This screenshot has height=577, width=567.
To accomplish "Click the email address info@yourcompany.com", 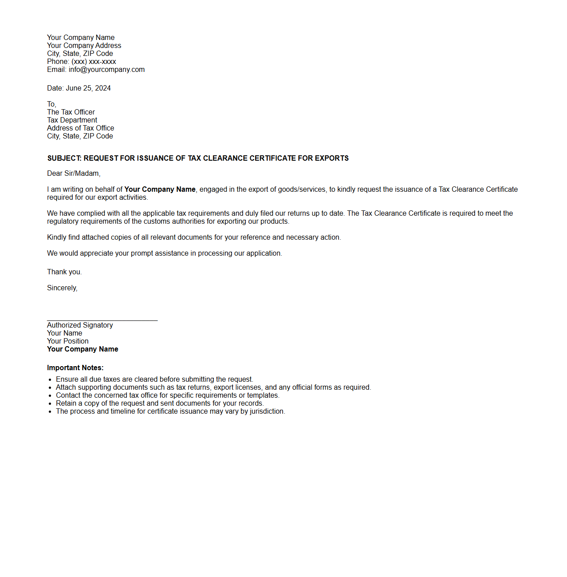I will point(106,70).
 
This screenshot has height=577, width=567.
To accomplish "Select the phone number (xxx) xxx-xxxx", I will point(94,62).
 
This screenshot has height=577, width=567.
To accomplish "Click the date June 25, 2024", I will point(88,88).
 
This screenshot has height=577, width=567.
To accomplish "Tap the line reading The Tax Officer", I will point(71,112).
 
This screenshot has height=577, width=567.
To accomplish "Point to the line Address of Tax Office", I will point(80,128).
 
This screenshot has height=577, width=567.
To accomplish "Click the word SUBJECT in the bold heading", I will point(64,158).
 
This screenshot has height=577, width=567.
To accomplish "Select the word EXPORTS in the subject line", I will point(331,158).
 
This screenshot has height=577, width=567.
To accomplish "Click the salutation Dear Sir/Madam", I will point(74,174).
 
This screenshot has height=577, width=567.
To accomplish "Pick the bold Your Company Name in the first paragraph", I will point(160,190).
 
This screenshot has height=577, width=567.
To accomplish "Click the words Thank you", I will point(64,272).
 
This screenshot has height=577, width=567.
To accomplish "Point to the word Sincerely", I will point(62,288).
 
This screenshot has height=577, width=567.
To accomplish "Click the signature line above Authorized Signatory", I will point(102,320).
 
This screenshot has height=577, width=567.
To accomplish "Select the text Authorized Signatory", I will point(80,325).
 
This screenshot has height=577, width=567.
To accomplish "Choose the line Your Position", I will point(68,341).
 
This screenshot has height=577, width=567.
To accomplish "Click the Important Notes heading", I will point(75,368).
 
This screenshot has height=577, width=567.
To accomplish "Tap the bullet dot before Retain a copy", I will point(50,404).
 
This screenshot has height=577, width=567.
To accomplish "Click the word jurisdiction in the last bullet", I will point(266,411).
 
